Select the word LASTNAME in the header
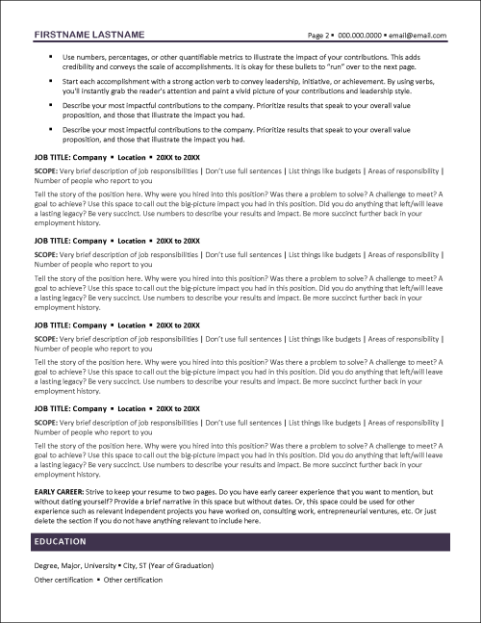click(118, 35)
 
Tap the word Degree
click(46, 564)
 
